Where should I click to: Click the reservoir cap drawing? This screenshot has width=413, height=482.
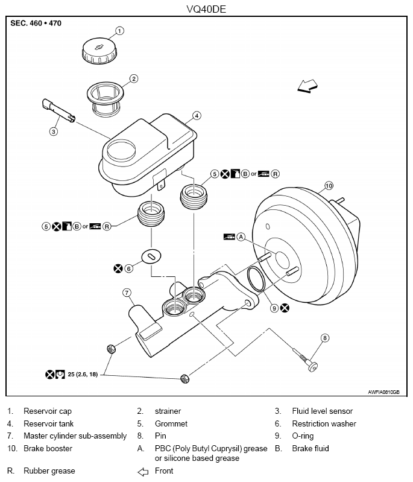pos(99,51)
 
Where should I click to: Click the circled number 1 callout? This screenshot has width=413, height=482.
pos(119,31)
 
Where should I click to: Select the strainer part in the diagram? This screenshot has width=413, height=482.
pos(105,100)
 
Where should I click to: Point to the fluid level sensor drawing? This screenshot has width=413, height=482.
pos(58,110)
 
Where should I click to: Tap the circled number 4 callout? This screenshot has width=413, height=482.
pos(197,116)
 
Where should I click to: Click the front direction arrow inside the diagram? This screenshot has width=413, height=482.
pos(307,86)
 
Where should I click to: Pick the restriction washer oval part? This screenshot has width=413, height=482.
pos(151,256)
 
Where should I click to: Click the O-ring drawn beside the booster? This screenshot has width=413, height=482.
pos(256,279)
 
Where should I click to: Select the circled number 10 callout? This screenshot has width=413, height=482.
pos(329,186)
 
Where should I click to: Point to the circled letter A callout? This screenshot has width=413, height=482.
pos(241,236)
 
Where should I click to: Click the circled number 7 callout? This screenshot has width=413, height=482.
pos(127,293)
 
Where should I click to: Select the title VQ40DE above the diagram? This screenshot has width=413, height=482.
pos(206,9)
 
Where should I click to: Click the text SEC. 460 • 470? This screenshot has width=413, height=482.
pos(36,24)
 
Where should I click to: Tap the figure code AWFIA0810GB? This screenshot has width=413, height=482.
pos(384,392)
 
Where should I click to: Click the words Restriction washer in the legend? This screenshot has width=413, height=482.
pos(324,423)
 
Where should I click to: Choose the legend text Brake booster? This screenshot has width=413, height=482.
pos(48,448)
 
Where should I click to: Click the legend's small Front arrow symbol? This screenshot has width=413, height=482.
pos(143,472)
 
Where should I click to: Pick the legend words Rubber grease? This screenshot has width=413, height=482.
pos(49,471)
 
